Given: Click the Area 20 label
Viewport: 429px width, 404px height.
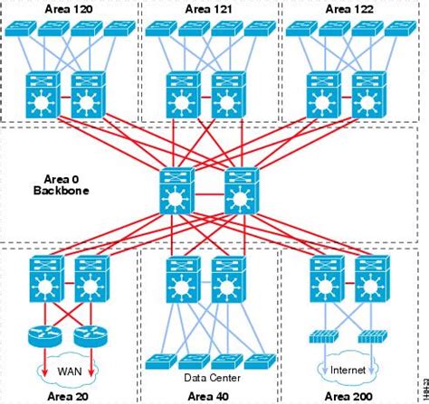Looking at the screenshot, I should (x=66, y=395).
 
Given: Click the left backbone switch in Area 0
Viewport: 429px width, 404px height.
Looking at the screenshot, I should (x=176, y=191).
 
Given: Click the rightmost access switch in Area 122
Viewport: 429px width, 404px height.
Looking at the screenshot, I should (x=399, y=30).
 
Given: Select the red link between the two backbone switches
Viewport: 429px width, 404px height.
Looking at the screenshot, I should (x=208, y=192).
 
